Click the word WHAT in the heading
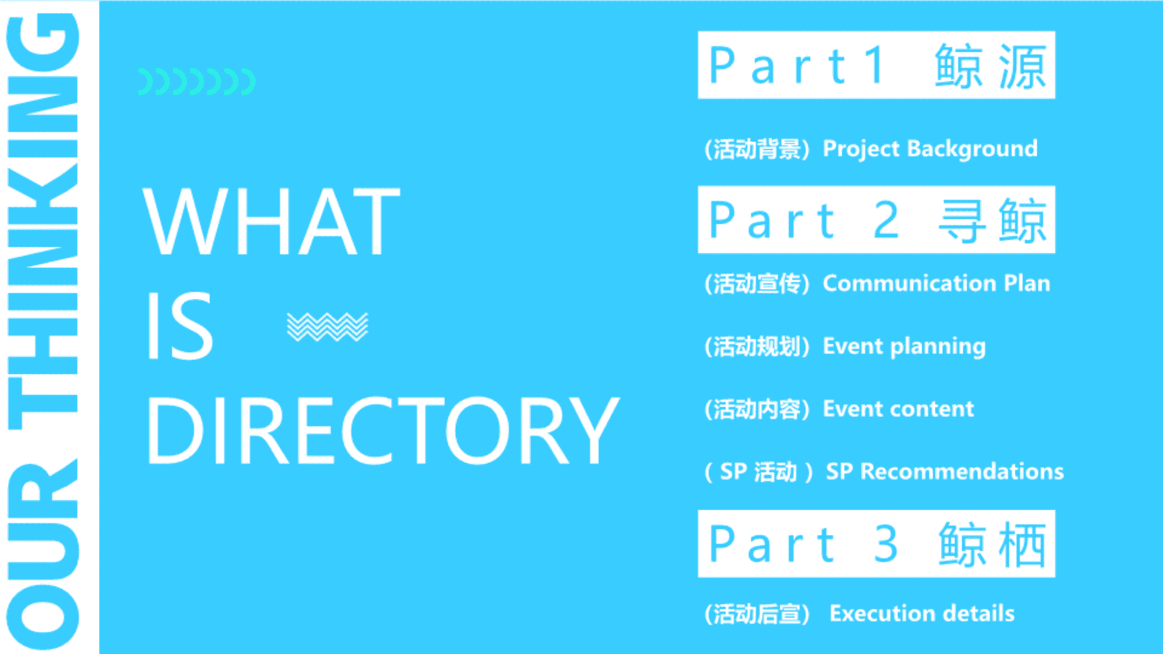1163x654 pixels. click(x=271, y=221)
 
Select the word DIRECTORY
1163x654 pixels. click(x=383, y=431)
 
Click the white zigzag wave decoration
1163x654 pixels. click(x=327, y=327)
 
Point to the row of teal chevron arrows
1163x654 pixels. click(x=197, y=82)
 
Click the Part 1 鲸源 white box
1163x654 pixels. click(x=876, y=65)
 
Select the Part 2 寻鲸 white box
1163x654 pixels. click(x=876, y=220)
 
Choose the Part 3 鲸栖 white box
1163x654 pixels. click(x=876, y=544)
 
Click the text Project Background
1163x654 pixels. click(x=930, y=149)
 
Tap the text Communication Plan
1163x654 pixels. click(x=936, y=283)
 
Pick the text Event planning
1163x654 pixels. click(x=904, y=346)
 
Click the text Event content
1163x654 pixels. click(x=899, y=409)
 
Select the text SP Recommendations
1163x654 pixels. click(x=945, y=471)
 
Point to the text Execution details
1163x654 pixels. click(x=922, y=613)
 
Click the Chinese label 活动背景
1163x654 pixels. click(x=757, y=149)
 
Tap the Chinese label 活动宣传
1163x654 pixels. click(x=757, y=283)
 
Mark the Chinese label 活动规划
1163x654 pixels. click(x=757, y=346)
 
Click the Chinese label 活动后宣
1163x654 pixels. click(x=757, y=614)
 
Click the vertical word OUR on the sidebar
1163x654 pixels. click(x=42, y=554)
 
